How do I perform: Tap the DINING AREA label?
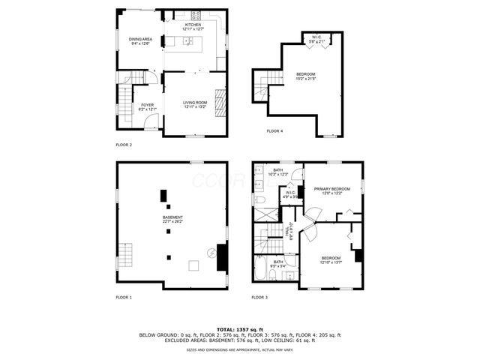pos(140,40)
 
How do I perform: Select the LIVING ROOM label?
pos(194,104)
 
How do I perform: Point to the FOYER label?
pos(148,107)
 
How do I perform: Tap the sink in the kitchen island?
pos(190,40)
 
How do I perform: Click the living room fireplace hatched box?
pos(220,100)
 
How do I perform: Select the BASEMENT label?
pos(172,218)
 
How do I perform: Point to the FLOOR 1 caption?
pos(124,298)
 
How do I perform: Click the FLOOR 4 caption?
pos(275,131)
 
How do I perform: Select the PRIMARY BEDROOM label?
pos(332,190)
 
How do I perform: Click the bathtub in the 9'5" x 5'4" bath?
pos(265,271)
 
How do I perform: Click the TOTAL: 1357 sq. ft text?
pos(239,329)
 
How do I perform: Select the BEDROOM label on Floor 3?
pos(331,259)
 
